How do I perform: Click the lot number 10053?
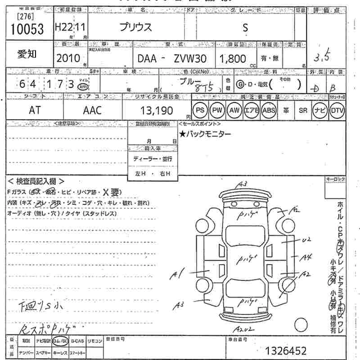pos(27,29)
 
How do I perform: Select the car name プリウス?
pos(135,27)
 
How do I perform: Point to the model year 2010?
pos(68,58)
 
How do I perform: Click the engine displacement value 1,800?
pos(232,58)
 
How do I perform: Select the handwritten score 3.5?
pos(322,57)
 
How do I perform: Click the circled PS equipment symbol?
pos(199,110)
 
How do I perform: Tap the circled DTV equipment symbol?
pos(337,110)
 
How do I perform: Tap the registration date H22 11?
pos(71,27)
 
